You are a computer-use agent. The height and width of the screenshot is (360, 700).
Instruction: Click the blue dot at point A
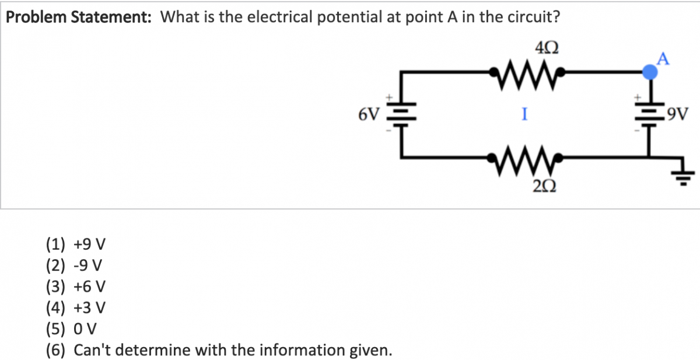pyautogui.click(x=649, y=72)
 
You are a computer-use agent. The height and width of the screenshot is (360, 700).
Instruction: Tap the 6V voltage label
pyautogui.click(x=368, y=114)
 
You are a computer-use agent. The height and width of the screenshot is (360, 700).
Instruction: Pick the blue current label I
pyautogui.click(x=525, y=115)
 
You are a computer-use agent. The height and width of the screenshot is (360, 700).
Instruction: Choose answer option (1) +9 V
pyautogui.click(x=75, y=243)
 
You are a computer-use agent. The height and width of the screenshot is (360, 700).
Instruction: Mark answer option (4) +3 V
pyautogui.click(x=75, y=307)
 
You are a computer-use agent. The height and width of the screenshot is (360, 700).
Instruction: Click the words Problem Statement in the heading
pyautogui.click(x=80, y=18)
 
